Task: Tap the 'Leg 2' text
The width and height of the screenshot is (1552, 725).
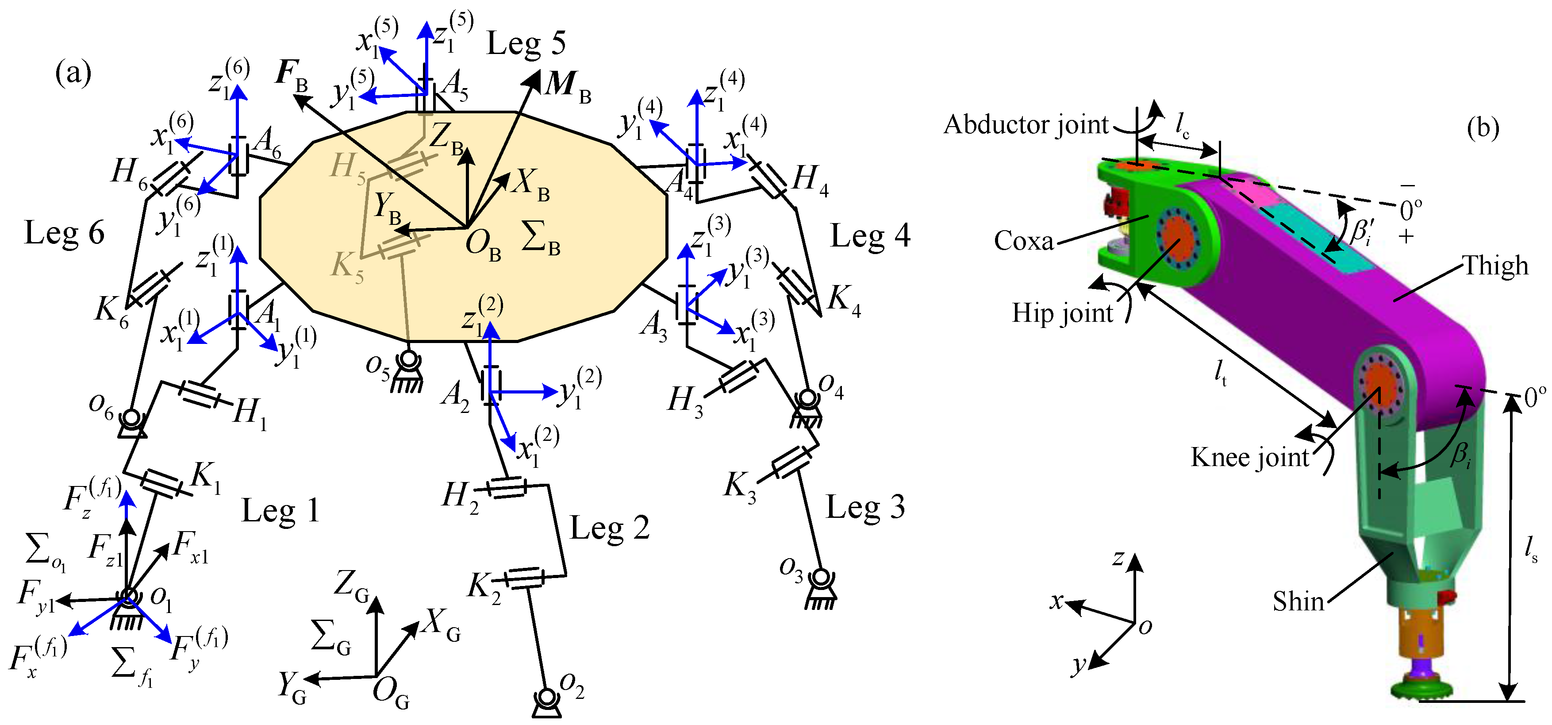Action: click(610, 528)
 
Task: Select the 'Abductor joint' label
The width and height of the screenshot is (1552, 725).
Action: click(1026, 125)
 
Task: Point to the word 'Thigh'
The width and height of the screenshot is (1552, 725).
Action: click(1496, 266)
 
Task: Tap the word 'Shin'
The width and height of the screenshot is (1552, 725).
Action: click(1298, 602)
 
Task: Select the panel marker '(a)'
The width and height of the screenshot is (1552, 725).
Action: click(73, 73)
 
